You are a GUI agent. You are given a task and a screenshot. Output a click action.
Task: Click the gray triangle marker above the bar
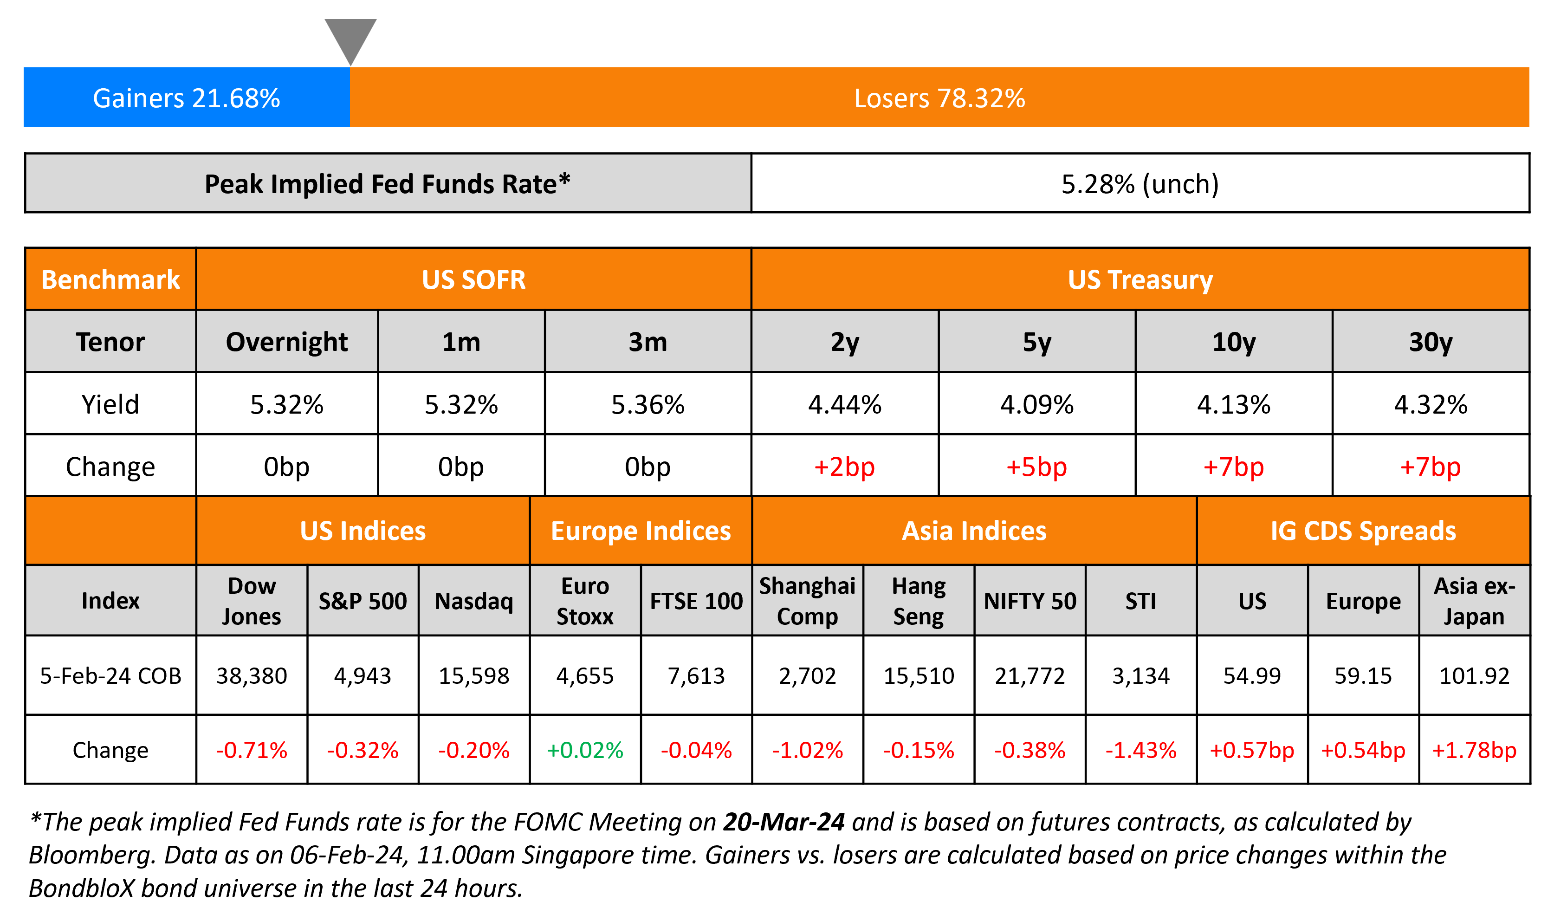pyautogui.click(x=350, y=37)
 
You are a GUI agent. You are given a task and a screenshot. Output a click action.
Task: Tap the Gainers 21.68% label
pyautogui.click(x=186, y=98)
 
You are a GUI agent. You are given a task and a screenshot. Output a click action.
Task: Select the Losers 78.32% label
pyautogui.click(x=939, y=98)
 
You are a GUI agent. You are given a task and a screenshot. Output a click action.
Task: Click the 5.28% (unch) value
pyautogui.click(x=1140, y=184)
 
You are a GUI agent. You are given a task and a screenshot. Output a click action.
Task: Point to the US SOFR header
pyautogui.click(x=473, y=279)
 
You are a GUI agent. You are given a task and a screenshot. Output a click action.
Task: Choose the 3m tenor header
pyautogui.click(x=647, y=342)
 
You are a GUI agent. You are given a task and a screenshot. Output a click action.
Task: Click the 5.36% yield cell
pyautogui.click(x=647, y=405)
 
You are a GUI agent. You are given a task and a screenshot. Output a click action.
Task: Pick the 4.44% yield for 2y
pyautogui.click(x=844, y=405)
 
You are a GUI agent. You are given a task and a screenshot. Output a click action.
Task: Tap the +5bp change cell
pyautogui.click(x=1036, y=467)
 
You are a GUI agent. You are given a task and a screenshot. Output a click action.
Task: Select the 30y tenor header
pyautogui.click(x=1430, y=342)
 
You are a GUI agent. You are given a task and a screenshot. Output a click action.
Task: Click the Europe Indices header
pyautogui.click(x=641, y=531)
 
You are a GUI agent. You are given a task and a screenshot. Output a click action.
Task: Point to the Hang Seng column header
pyautogui.click(x=918, y=601)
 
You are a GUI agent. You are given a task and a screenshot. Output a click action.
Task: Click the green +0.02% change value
pyautogui.click(x=584, y=750)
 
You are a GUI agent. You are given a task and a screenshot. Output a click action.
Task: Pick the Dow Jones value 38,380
pyautogui.click(x=251, y=676)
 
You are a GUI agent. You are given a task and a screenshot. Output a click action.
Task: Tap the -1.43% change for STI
pyautogui.click(x=1140, y=750)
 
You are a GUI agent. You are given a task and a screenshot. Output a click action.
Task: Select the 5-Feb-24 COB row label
pyautogui.click(x=110, y=676)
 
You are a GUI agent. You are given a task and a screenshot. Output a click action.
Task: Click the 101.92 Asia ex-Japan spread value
pyautogui.click(x=1474, y=676)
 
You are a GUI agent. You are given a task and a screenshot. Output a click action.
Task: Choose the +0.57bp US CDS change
pyautogui.click(x=1251, y=750)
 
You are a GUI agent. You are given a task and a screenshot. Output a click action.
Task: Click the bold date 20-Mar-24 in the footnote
pyautogui.click(x=783, y=822)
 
